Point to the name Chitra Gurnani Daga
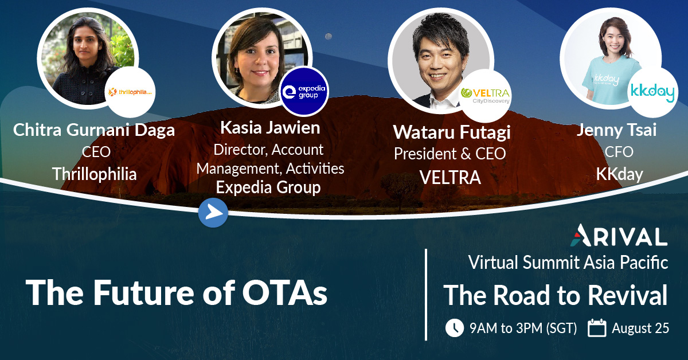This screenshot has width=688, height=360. tap(94, 130)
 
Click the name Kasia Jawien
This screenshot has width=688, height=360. tap(270, 128)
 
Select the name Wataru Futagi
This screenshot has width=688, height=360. tap(452, 132)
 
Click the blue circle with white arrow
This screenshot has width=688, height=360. tap(213, 213)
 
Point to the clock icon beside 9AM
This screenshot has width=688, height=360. tap(454, 328)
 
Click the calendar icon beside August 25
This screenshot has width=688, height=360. tap(597, 328)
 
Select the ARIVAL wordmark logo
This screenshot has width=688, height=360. tap(620, 236)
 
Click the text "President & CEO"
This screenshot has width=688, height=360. tap(449, 154)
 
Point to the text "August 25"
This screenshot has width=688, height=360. tap(640, 329)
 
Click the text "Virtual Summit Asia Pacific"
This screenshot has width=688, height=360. tap(568, 263)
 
